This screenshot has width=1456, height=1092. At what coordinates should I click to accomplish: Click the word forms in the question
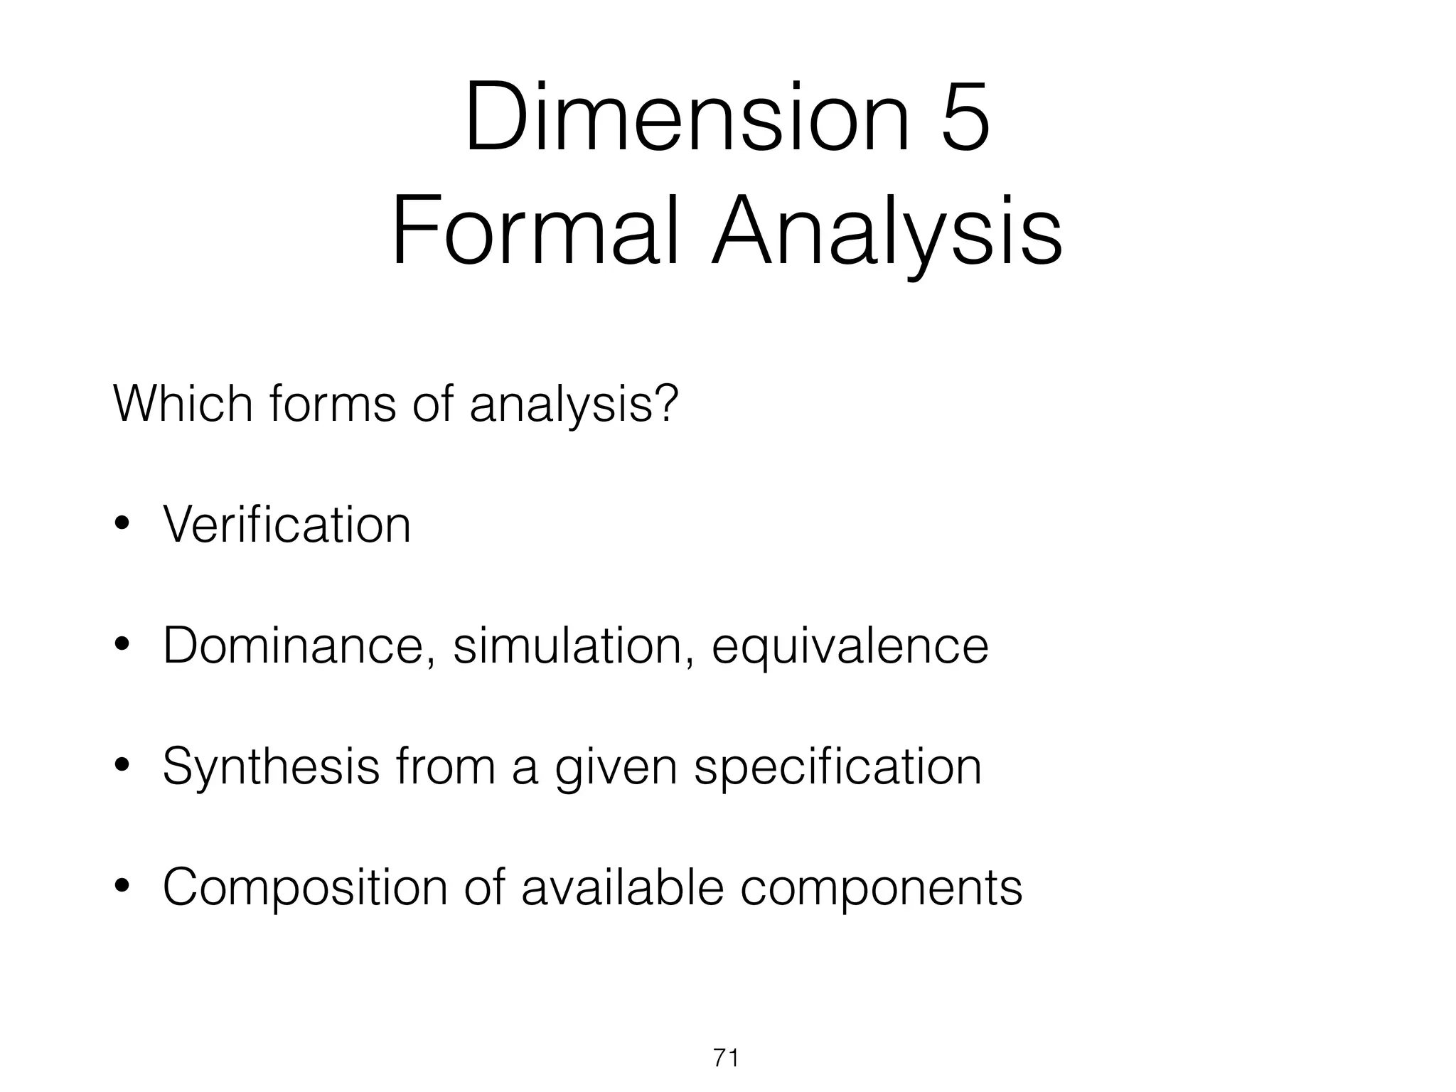point(333,403)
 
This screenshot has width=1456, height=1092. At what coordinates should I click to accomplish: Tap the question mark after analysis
point(664,403)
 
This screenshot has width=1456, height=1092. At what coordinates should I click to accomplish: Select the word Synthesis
point(271,768)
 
